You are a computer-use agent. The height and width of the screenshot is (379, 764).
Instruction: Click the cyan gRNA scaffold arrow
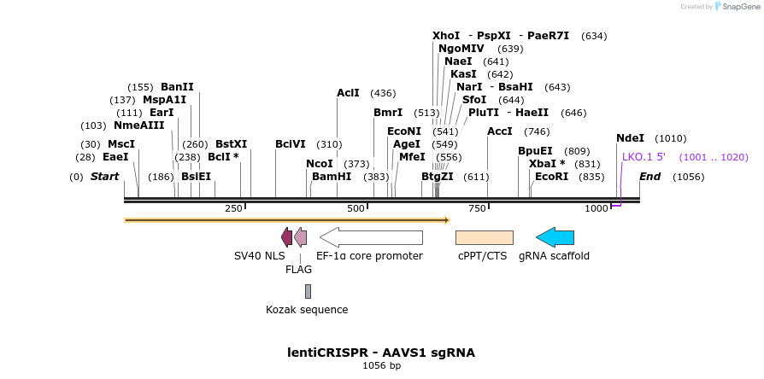pyautogui.click(x=555, y=237)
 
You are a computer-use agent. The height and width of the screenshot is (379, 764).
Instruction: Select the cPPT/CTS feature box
pyautogui.click(x=484, y=237)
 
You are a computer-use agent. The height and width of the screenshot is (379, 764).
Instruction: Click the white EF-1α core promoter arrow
pyautogui.click(x=371, y=237)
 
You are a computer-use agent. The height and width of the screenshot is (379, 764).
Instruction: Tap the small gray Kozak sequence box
pyautogui.click(x=308, y=291)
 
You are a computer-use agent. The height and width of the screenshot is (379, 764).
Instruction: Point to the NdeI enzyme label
pyautogui.click(x=630, y=138)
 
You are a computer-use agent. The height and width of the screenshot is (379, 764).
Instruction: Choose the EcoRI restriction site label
pyautogui.click(x=551, y=177)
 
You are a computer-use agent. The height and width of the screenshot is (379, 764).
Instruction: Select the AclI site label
pyautogui.click(x=348, y=93)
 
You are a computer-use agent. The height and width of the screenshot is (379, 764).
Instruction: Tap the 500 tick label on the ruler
pyautogui.click(x=356, y=209)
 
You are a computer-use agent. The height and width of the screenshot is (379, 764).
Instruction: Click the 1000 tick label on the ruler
pyautogui.click(x=596, y=209)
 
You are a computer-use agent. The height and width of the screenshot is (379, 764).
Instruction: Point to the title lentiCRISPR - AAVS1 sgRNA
pyautogui.click(x=381, y=353)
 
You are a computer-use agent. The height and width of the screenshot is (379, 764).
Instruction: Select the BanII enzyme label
pyautogui.click(x=177, y=87)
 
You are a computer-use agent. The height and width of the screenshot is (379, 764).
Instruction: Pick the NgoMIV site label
pyautogui.click(x=461, y=49)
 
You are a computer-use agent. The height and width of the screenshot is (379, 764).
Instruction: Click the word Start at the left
pyautogui.click(x=104, y=177)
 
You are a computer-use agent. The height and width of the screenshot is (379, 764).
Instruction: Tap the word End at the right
pyautogui.click(x=649, y=177)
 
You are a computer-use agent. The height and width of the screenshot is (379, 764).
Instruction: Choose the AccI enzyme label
pyautogui.click(x=500, y=131)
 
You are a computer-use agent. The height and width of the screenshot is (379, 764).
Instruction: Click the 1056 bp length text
pyautogui.click(x=381, y=366)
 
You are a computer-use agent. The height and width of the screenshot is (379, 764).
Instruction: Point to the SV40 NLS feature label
pyautogui.click(x=260, y=256)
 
